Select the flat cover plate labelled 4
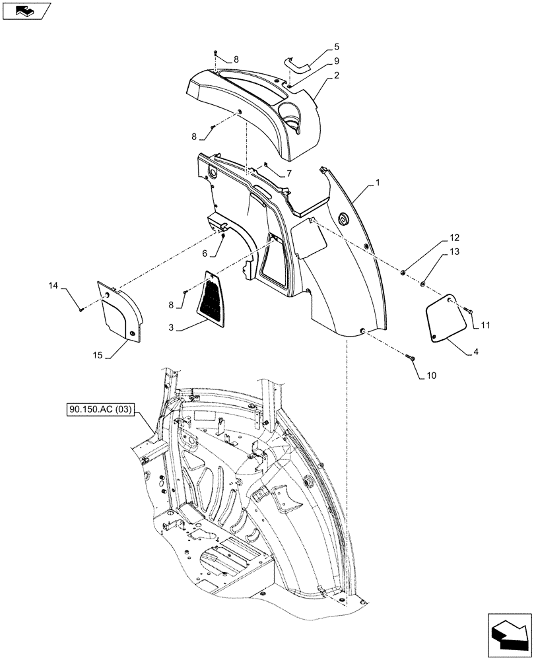(x=445, y=319)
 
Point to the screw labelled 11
(x=467, y=309)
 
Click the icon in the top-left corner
(x=26, y=11)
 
